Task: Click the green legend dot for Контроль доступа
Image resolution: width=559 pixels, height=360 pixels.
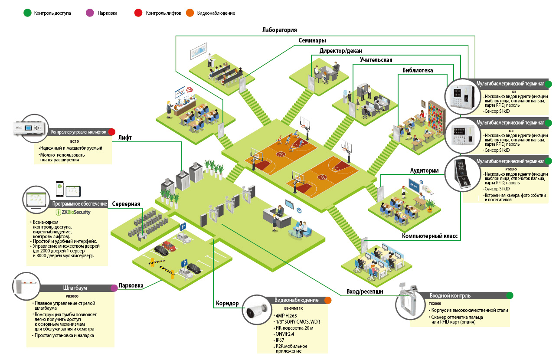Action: [x=27, y=13]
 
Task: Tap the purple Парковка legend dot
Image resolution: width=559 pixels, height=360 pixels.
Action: [x=90, y=13]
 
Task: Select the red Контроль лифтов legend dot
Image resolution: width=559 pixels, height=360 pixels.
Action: [x=138, y=13]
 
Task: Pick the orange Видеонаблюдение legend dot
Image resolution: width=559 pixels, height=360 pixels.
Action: [x=190, y=13]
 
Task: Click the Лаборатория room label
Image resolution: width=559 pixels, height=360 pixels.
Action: [x=279, y=30]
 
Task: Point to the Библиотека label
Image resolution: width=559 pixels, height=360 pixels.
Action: [x=417, y=70]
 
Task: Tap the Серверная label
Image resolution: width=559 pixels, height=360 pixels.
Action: [x=126, y=203]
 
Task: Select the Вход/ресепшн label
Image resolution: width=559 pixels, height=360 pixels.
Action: [x=365, y=291]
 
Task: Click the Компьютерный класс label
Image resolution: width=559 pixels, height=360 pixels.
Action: [x=430, y=236]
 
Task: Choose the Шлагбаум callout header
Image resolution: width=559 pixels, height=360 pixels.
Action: [x=75, y=288]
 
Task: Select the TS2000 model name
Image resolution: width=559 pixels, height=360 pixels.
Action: [x=435, y=304]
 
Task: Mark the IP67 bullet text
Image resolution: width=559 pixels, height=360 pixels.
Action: [x=280, y=340]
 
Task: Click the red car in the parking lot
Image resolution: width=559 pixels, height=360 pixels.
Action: [x=169, y=246]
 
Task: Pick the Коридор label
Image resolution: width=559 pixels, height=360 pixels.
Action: [x=227, y=303]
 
